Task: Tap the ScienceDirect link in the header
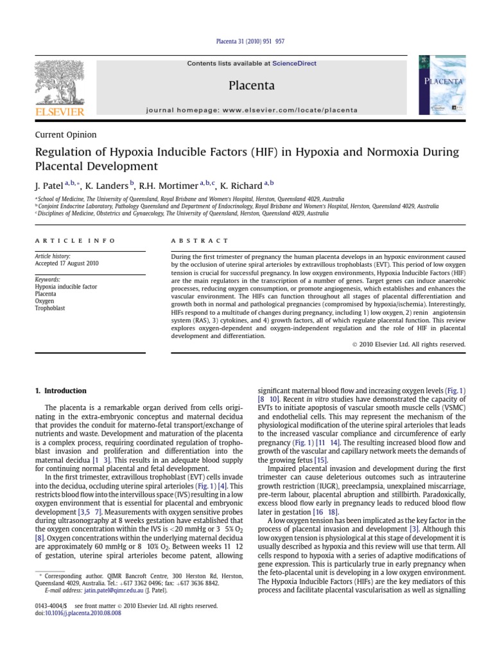click(294, 64)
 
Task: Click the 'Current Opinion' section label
click(65, 135)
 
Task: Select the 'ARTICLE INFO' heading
click(75, 240)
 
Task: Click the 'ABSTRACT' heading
click(200, 240)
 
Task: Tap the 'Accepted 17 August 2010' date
click(67, 263)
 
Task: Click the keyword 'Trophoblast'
click(49, 308)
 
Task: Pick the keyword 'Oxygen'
click(45, 301)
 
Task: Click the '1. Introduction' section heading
click(60, 391)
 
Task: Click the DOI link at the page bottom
click(83, 613)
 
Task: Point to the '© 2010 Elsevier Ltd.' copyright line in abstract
click(409, 344)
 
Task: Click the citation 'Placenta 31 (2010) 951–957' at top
click(247, 42)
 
